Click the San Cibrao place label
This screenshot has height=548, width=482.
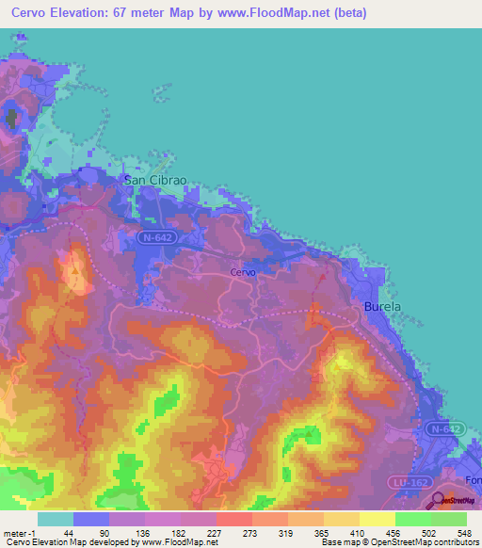point(150,181)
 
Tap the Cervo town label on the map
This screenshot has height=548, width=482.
point(243,272)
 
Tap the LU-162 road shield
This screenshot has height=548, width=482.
point(405,482)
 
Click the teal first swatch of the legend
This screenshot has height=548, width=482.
point(56,519)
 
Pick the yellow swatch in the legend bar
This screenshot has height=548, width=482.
point(377,519)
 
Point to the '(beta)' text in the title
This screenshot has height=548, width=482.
point(346,13)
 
